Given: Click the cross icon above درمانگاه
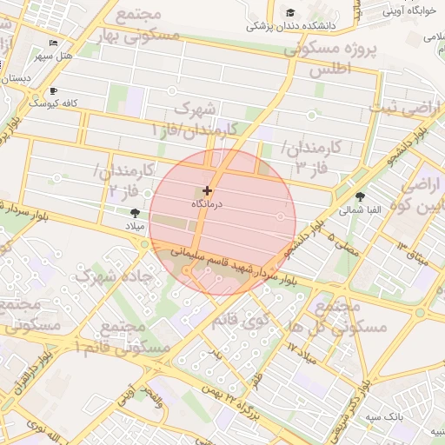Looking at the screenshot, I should click(207, 190).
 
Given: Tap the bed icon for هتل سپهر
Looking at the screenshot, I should click(54, 43).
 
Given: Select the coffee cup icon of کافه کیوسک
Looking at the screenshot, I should click(54, 90).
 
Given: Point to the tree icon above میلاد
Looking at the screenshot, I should click(134, 212).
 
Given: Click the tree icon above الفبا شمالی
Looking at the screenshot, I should click(361, 196).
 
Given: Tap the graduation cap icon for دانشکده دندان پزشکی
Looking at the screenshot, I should click(290, 12).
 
